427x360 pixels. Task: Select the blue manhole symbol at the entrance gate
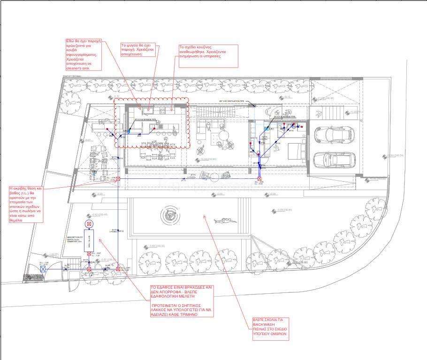coord(43,269)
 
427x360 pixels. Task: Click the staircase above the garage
coord(335,112)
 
